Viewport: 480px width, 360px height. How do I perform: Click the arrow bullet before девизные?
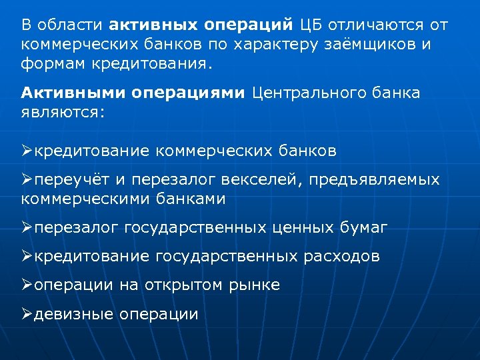pyautogui.click(x=27, y=314)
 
